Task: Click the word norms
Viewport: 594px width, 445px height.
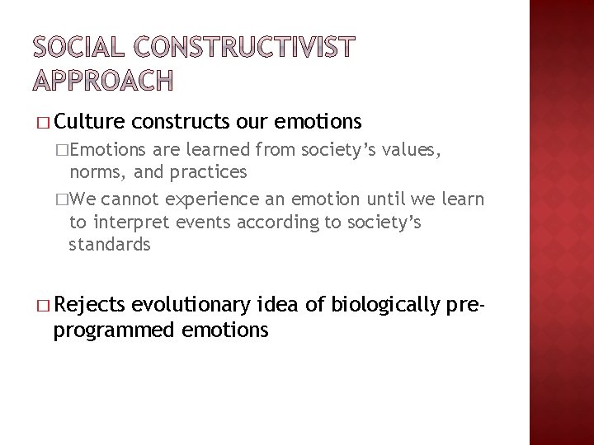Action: tap(93, 172)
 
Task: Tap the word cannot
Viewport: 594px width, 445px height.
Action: tap(134, 199)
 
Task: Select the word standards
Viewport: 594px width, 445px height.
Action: tap(110, 244)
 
